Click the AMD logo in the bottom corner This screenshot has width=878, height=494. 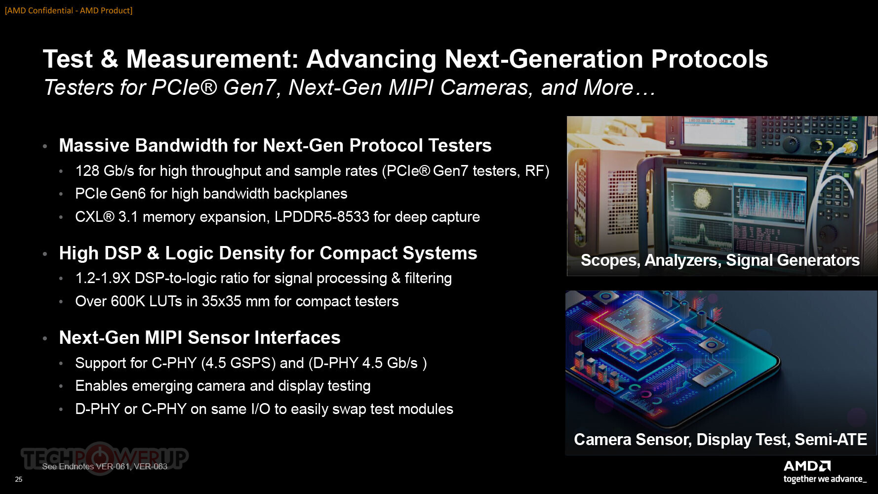point(807,466)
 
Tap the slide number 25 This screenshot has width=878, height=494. point(19,479)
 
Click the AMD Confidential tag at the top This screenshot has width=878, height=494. point(69,10)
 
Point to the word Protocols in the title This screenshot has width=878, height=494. point(709,59)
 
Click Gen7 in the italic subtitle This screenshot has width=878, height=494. point(249,87)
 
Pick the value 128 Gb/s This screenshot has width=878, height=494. point(105,171)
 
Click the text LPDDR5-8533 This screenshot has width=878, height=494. point(322,217)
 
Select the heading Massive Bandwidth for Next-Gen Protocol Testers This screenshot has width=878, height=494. point(275,145)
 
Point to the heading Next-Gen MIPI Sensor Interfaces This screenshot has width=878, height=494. point(200,337)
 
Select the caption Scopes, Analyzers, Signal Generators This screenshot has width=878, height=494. point(720,260)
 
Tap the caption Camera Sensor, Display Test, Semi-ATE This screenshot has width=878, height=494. point(720,440)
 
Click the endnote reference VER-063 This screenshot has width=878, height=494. point(151,466)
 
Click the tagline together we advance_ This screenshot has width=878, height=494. point(825,479)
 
